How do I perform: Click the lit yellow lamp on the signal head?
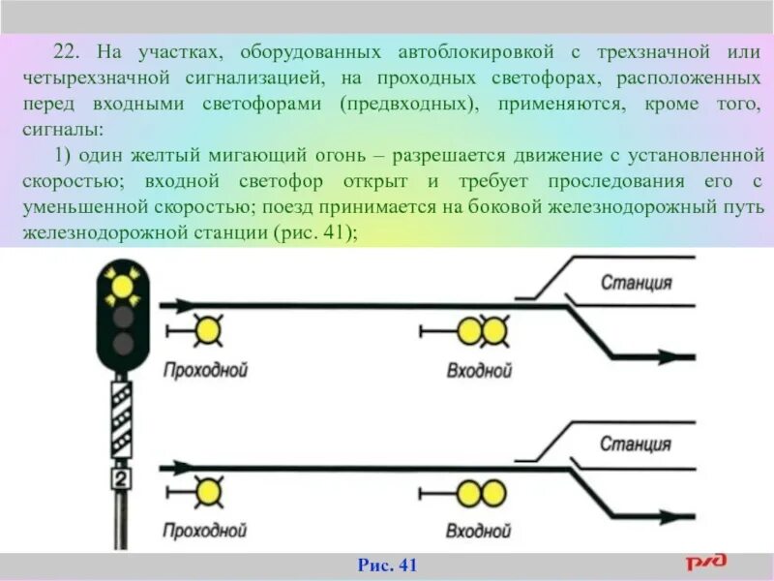(x=122, y=286)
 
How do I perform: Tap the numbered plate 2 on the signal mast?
(x=121, y=480)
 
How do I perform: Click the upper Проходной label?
(x=205, y=369)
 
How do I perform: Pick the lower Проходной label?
(x=204, y=530)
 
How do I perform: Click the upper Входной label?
(x=479, y=370)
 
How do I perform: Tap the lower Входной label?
(x=478, y=531)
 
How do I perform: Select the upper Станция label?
(x=636, y=284)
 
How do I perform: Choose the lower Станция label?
(x=635, y=444)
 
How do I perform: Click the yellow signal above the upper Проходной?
(x=206, y=331)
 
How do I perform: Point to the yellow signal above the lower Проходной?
(x=206, y=492)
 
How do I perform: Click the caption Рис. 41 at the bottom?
(x=387, y=566)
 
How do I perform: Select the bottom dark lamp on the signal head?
(x=122, y=343)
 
